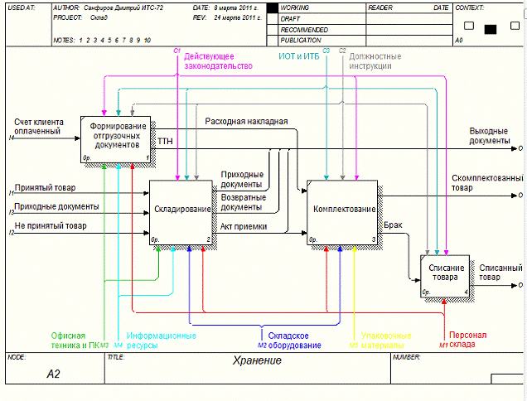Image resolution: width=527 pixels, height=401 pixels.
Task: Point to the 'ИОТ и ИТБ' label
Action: (299, 56)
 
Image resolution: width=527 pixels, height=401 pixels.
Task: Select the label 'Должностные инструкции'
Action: (375, 60)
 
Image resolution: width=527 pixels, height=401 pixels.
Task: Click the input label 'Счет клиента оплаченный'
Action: (38, 126)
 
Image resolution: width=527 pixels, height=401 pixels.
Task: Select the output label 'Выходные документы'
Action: (490, 136)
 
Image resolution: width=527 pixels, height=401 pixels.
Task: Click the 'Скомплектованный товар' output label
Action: (487, 183)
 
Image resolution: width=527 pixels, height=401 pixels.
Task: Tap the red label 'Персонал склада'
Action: (469, 340)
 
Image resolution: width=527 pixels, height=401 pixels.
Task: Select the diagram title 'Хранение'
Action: (257, 360)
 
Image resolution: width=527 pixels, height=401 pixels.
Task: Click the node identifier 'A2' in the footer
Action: (54, 374)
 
